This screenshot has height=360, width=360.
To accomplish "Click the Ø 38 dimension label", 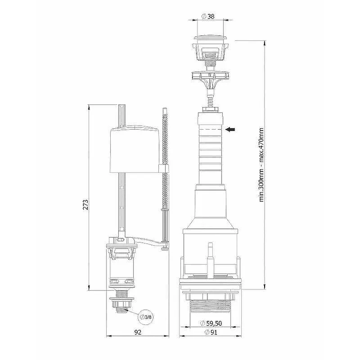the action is click(207, 16).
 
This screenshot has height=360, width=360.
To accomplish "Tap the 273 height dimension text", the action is click(85, 205).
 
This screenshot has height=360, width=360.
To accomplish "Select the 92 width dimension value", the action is click(138, 332).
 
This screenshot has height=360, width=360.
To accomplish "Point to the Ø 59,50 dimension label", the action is click(211, 323).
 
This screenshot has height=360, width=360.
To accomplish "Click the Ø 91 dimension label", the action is click(211, 332).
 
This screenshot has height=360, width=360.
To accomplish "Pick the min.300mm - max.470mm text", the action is click(261, 165).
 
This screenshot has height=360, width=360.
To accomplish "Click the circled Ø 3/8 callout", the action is click(146, 317).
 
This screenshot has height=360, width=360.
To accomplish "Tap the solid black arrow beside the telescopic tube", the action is click(230, 130).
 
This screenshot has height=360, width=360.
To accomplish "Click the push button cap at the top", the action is click(210, 39).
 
